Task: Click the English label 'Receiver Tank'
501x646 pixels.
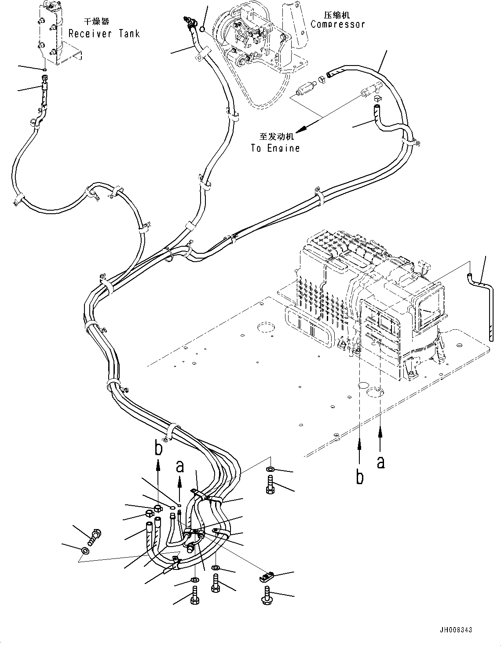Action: (x=104, y=33)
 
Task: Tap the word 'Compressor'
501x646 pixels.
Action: (x=337, y=24)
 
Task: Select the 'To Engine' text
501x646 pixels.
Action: (x=275, y=148)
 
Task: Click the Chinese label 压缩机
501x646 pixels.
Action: (x=336, y=15)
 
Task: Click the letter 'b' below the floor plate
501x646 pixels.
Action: (x=360, y=477)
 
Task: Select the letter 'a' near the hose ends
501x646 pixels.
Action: (x=179, y=466)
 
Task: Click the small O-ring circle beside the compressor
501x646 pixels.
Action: (x=202, y=29)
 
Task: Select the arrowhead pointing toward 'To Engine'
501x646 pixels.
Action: (x=300, y=129)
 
